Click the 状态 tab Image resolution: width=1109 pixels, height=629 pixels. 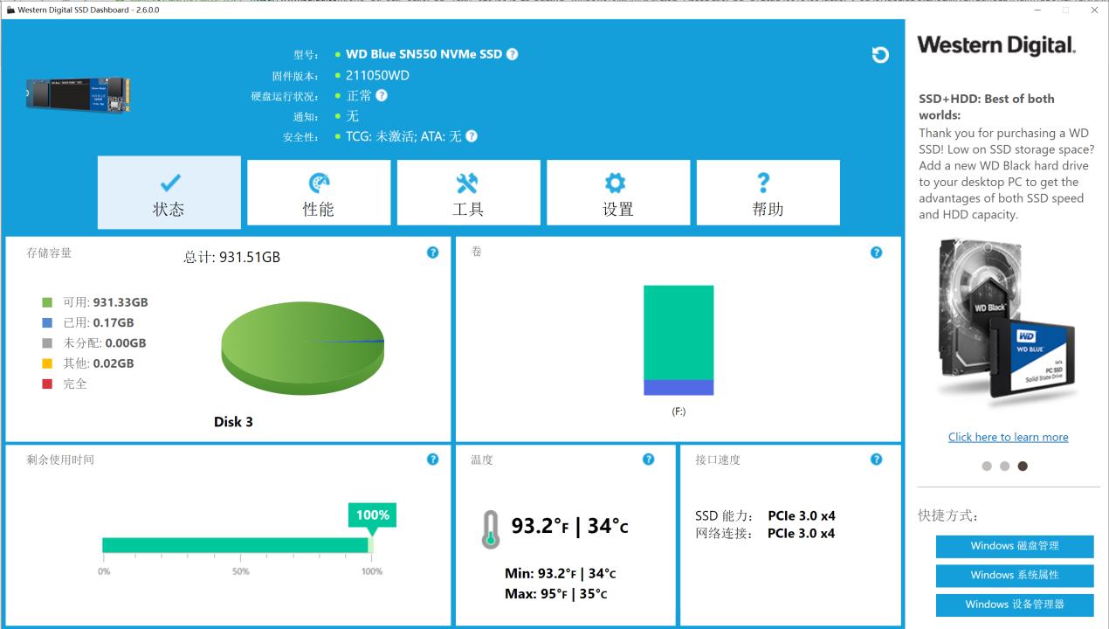pyautogui.click(x=169, y=193)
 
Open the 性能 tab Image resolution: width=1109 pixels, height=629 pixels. pyautogui.click(x=319, y=193)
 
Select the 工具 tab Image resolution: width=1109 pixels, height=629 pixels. pyautogui.click(x=468, y=193)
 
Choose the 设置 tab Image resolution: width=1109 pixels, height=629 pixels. pyautogui.click(x=618, y=193)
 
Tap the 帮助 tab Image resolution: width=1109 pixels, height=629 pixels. pyautogui.click(x=768, y=193)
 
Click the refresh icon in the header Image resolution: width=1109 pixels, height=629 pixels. pyautogui.click(x=880, y=55)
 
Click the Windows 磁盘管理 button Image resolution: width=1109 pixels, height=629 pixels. pyautogui.click(x=1014, y=546)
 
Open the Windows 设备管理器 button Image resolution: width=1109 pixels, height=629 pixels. pyautogui.click(x=1014, y=605)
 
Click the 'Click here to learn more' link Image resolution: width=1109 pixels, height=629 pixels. pyautogui.click(x=1008, y=437)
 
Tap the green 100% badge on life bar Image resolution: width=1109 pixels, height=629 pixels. pyautogui.click(x=372, y=515)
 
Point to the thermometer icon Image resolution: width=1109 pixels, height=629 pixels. pyautogui.click(x=491, y=529)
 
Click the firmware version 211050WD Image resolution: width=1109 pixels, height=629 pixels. pyautogui.click(x=377, y=75)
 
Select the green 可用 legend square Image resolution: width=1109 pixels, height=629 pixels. pyautogui.click(x=47, y=302)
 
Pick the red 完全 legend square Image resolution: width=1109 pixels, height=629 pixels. pyautogui.click(x=47, y=384)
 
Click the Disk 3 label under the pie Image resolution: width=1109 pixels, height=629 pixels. pyautogui.click(x=233, y=422)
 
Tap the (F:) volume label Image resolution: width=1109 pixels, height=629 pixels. pyautogui.click(x=678, y=411)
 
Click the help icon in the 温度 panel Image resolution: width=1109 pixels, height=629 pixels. pyautogui.click(x=648, y=460)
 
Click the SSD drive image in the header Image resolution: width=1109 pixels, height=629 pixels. pyautogui.click(x=79, y=93)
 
